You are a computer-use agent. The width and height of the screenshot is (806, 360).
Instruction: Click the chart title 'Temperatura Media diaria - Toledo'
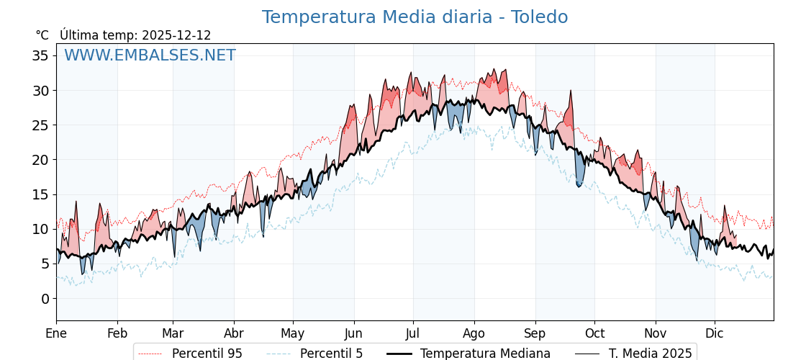pos(415,17)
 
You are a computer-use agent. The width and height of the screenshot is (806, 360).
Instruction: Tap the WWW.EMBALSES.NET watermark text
pos(150,55)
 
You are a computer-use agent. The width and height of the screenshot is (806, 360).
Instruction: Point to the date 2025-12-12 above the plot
pos(176,35)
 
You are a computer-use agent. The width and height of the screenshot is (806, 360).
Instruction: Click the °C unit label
pos(42,35)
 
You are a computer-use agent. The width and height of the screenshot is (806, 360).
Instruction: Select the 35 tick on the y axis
pos(40,56)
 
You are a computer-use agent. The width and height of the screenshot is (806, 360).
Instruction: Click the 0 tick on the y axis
pos(45,299)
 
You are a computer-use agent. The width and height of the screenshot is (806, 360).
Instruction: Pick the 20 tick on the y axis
pos(40,160)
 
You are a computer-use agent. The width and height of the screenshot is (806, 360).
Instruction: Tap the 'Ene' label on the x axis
pos(56,333)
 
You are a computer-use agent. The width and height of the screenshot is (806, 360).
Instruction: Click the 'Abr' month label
pos(234,333)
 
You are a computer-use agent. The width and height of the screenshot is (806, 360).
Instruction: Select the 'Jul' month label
pos(413,333)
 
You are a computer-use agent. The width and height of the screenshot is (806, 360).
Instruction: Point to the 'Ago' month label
pos(474,333)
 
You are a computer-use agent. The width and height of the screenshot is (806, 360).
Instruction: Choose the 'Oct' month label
pos(594,333)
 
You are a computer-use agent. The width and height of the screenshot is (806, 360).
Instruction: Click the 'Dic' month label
pos(715,333)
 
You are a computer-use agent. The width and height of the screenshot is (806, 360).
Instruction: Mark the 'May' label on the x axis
pos(293,333)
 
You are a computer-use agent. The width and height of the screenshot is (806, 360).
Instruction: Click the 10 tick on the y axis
pos(40,229)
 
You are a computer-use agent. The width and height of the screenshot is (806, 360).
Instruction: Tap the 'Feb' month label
pos(117,333)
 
